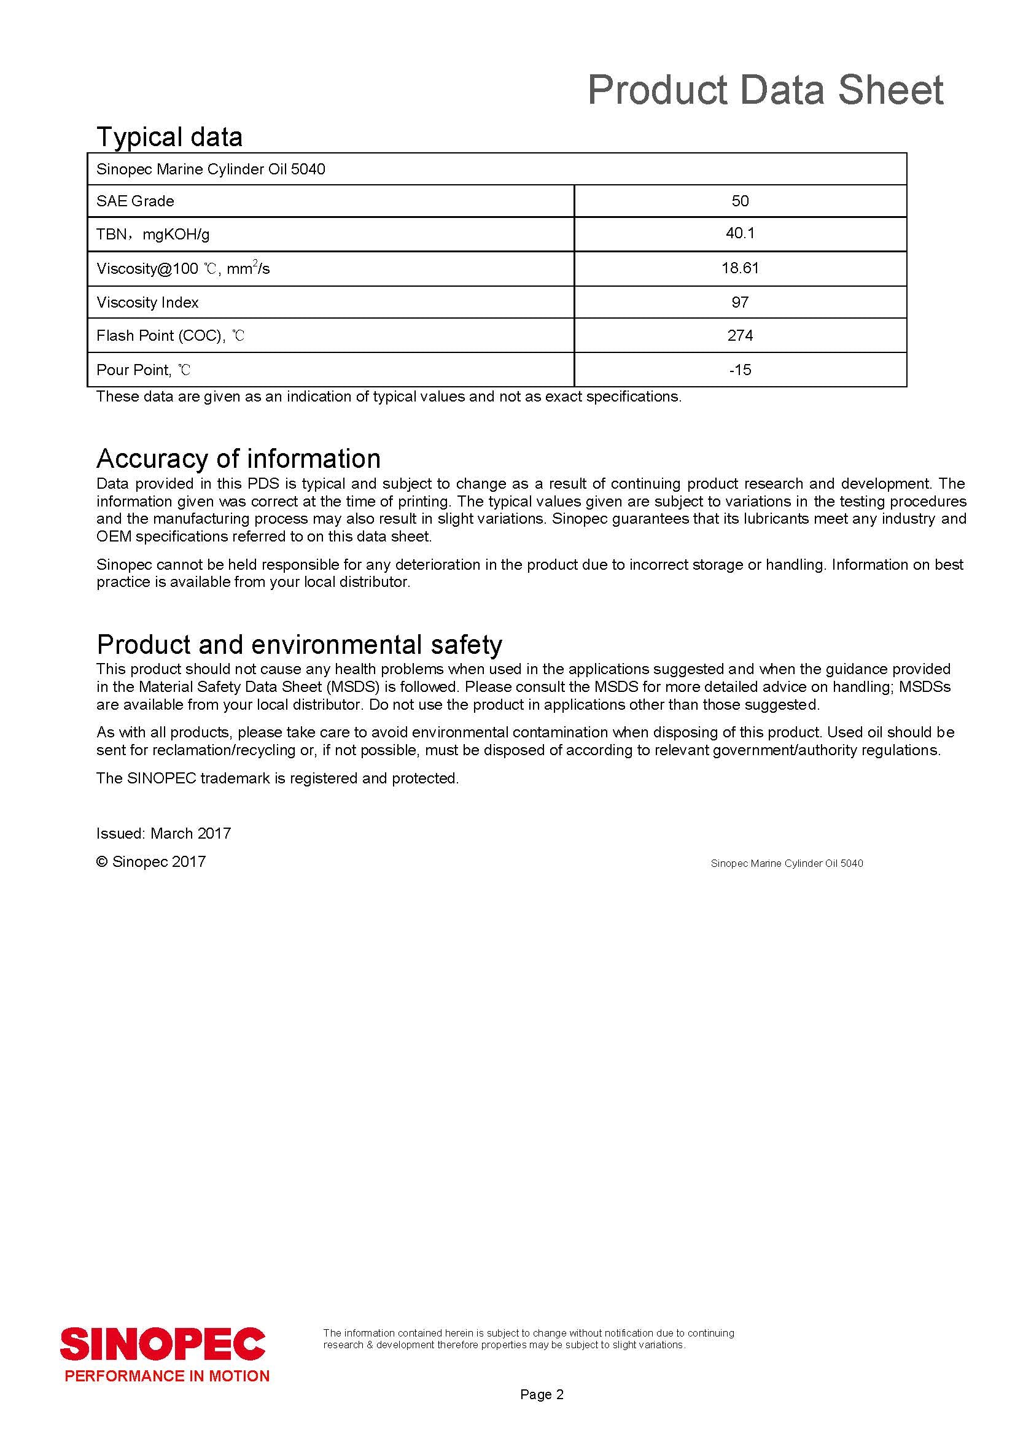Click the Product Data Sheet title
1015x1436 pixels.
(765, 90)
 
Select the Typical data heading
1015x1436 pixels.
(169, 137)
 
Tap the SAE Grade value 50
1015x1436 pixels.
(740, 201)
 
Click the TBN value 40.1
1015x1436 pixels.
(740, 233)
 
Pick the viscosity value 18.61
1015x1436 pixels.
(740, 268)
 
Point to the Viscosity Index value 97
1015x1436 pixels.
(740, 302)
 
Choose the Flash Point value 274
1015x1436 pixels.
(740, 335)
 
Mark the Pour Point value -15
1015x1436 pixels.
(740, 370)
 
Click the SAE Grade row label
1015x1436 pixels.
(135, 201)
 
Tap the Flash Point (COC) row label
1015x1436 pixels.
(170, 336)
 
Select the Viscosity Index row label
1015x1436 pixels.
(147, 303)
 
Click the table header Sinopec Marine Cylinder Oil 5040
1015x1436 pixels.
(211, 169)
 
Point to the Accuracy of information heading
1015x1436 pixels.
(238, 459)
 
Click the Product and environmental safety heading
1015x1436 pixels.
(299, 644)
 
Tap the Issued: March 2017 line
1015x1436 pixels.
(163, 833)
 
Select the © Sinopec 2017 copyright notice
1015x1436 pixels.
(150, 861)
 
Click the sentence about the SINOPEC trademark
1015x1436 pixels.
(277, 778)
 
